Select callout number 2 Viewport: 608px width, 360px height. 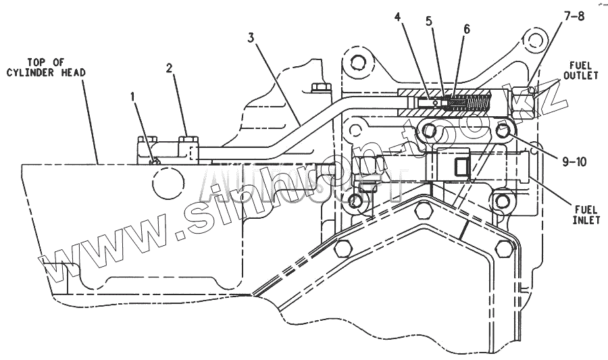[x=170, y=68]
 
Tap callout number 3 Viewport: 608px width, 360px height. [x=251, y=38]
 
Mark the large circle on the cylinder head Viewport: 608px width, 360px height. [x=168, y=182]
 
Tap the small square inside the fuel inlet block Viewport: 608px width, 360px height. [x=461, y=166]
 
